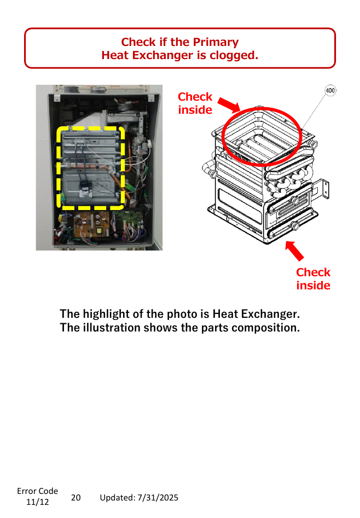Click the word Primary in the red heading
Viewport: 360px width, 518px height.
(x=216, y=42)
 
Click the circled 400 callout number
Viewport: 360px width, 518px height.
(x=330, y=90)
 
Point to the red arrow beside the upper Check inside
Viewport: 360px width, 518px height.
(x=229, y=104)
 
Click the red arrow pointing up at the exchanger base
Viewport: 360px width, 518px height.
(x=294, y=251)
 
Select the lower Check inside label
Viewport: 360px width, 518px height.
(x=313, y=279)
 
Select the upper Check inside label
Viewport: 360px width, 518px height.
(x=195, y=103)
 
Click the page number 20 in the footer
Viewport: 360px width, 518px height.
(x=76, y=498)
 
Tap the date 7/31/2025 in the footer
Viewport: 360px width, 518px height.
(x=158, y=498)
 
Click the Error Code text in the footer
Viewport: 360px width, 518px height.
(x=37, y=491)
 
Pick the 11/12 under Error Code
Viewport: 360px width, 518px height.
(x=37, y=502)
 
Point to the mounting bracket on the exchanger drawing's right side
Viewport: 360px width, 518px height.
(x=322, y=189)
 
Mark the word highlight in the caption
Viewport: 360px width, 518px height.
(x=106, y=314)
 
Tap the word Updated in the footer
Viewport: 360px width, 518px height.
(x=117, y=498)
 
